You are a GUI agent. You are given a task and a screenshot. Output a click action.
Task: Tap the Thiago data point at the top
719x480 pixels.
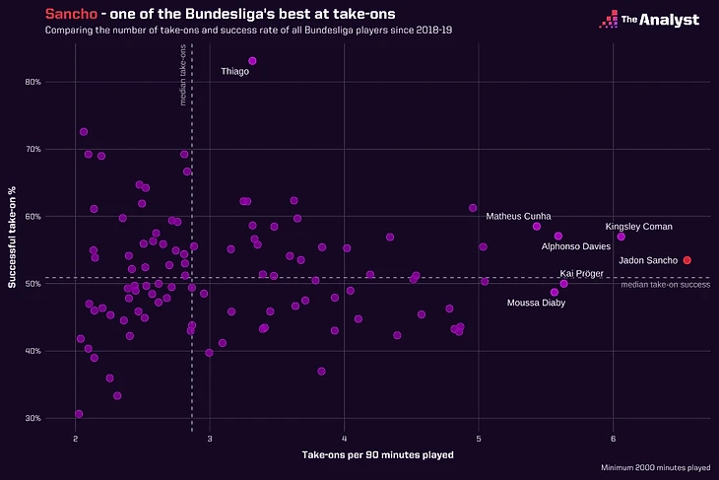tap(252, 61)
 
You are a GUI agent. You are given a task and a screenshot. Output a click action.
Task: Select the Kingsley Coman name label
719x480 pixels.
tap(638, 227)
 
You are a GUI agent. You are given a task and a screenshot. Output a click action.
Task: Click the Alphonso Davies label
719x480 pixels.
tap(576, 246)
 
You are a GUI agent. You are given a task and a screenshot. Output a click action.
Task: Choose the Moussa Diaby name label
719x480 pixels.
tap(536, 303)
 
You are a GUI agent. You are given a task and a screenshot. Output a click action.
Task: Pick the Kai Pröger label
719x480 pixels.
tap(581, 273)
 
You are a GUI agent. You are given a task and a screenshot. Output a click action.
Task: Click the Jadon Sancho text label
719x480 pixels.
tap(647, 260)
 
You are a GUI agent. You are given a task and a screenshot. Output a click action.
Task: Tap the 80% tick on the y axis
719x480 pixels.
tap(33, 82)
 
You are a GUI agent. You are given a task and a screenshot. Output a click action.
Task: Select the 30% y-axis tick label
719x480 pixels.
tap(33, 418)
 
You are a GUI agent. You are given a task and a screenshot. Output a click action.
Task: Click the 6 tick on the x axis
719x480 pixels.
tap(613, 438)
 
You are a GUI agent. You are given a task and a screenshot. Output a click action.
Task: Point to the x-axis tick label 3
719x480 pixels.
tap(210, 438)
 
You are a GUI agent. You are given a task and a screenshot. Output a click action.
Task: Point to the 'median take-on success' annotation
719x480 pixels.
tap(665, 285)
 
